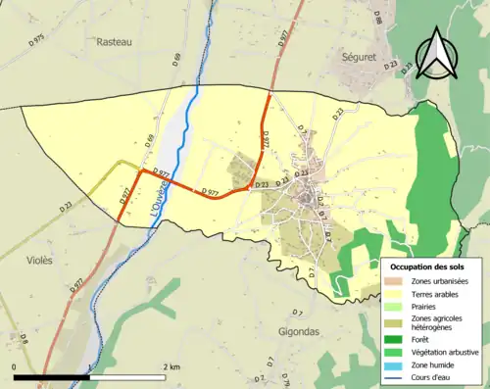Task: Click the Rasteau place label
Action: [x=114, y=41]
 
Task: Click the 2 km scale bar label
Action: [x=172, y=366]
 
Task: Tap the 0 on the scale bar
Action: [x=15, y=366]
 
